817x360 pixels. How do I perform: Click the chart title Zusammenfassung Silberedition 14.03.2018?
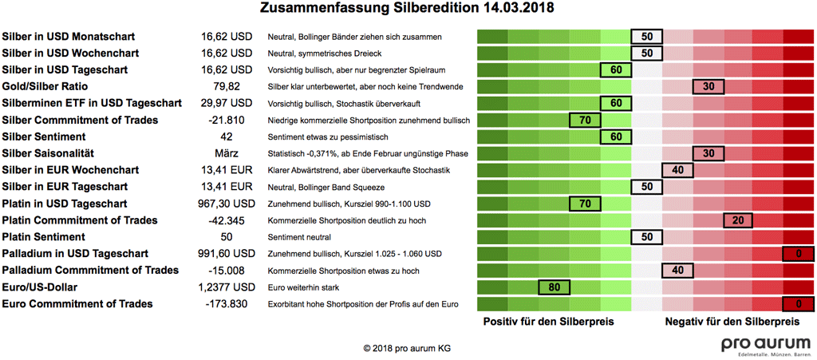(x=408, y=9)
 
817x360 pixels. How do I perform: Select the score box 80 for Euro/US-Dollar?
(x=555, y=287)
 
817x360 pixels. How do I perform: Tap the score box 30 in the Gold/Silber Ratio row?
(x=708, y=86)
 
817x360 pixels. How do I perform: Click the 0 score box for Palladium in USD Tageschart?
(x=798, y=254)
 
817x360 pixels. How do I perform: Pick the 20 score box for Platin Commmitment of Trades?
(x=739, y=220)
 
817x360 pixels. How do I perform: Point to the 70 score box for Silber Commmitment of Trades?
(x=585, y=120)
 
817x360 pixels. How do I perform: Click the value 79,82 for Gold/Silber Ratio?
(x=227, y=86)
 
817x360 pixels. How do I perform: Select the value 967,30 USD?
(x=227, y=204)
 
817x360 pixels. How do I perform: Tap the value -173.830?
(x=227, y=304)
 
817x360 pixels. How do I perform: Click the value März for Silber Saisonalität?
(x=227, y=153)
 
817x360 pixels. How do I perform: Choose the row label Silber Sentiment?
(x=44, y=136)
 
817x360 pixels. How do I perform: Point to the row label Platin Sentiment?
(x=44, y=237)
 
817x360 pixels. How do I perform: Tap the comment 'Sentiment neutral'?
(x=299, y=237)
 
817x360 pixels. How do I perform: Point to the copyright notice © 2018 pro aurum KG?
(x=407, y=349)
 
